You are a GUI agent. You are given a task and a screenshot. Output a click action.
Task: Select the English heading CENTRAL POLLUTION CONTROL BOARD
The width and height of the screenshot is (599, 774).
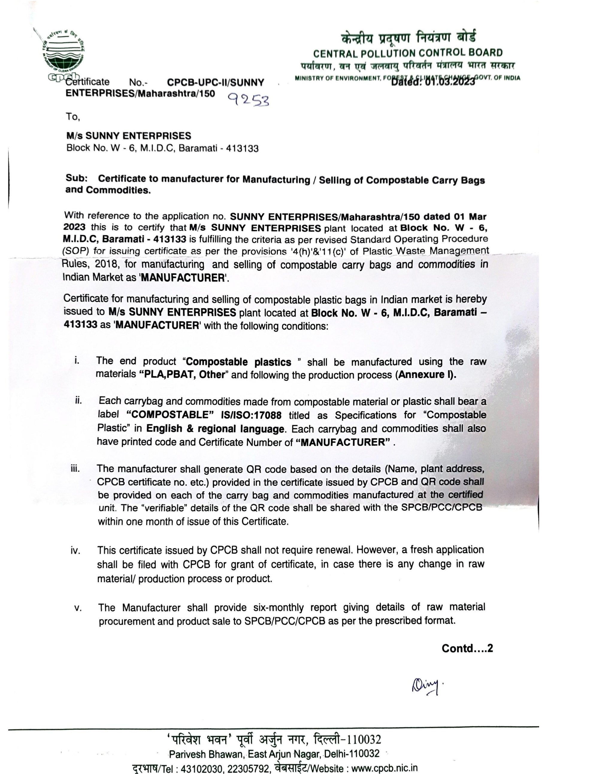coord(408,53)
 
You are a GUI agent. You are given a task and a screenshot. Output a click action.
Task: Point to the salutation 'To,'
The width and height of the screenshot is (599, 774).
coord(73,116)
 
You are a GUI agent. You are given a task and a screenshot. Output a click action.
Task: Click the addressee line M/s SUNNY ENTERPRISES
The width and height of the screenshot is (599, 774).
coord(128,136)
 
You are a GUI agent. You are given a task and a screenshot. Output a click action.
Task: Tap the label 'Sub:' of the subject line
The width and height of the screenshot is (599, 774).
coord(77,178)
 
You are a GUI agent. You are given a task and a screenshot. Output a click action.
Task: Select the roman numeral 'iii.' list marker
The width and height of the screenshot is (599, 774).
coord(75,469)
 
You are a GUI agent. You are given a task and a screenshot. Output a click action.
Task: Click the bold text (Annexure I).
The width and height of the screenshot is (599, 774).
coord(426,375)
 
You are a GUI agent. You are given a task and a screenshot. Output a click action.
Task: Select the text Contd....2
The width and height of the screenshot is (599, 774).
coord(467,648)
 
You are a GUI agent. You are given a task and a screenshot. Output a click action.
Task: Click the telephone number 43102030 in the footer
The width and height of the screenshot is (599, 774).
coord(202,768)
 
